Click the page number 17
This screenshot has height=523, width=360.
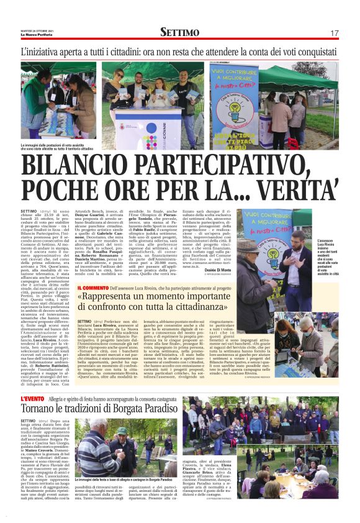[x=335, y=32]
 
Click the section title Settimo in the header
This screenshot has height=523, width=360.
[x=179, y=32]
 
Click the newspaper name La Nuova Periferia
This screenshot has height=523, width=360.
[x=34, y=34]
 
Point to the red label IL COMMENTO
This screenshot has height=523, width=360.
[x=93, y=288]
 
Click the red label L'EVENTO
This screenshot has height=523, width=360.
[x=31, y=398]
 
